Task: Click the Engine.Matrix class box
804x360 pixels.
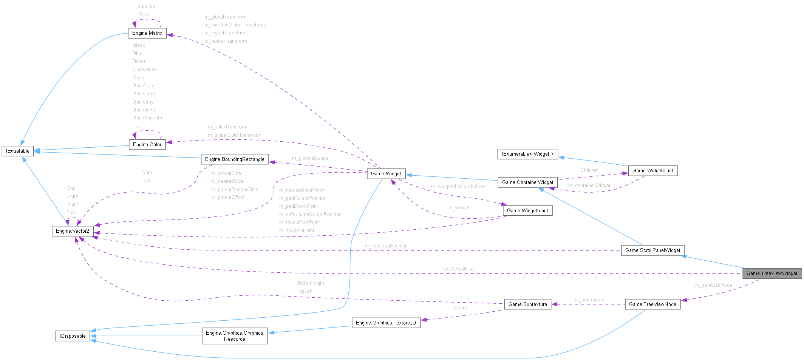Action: tap(147, 33)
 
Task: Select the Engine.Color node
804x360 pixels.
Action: tap(147, 144)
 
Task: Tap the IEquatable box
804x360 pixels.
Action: tap(18, 151)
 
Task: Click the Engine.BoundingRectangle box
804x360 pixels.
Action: tap(235, 159)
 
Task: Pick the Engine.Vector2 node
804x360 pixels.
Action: tap(73, 231)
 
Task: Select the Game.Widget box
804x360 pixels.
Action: tap(386, 174)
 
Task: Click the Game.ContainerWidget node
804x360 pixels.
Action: tap(527, 182)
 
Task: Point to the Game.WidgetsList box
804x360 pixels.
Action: tap(652, 171)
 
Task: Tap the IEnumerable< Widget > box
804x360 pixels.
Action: tap(527, 154)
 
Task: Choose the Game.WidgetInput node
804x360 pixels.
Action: tap(527, 210)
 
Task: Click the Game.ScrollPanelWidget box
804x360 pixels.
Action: tap(652, 250)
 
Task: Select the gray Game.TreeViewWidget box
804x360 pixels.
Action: tap(772, 273)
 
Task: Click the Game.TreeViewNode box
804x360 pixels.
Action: tap(652, 304)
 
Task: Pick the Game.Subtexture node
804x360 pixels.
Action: tap(527, 304)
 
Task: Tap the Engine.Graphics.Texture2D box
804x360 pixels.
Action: tap(386, 323)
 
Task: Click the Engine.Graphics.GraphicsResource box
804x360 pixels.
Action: tap(235, 336)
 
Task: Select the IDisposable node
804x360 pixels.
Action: tap(73, 336)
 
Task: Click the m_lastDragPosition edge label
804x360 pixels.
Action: tap(386, 246)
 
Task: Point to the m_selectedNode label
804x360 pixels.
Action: tap(713, 285)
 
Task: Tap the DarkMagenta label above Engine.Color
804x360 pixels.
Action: tap(147, 118)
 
